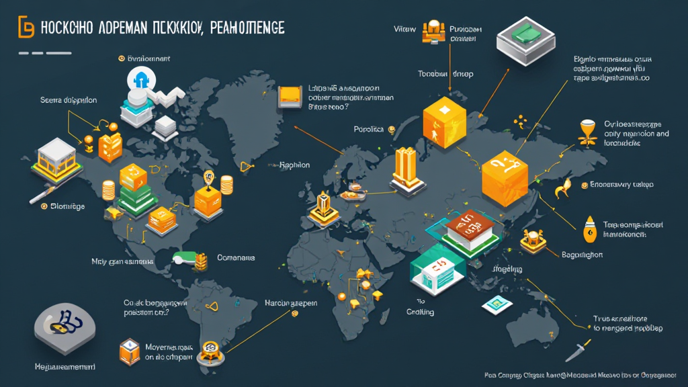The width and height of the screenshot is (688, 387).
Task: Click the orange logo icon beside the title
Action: point(25,28)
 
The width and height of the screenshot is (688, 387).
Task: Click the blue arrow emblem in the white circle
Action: point(142,82)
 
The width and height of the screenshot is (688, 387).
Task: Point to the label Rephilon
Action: point(294,164)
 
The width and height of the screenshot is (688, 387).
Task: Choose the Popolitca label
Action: point(368,128)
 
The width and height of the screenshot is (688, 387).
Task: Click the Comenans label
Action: point(236,257)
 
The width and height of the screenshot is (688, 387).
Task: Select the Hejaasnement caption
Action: point(64,368)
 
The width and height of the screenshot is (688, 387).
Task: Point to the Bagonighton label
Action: point(582,255)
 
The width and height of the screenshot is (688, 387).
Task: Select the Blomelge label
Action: point(68,206)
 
